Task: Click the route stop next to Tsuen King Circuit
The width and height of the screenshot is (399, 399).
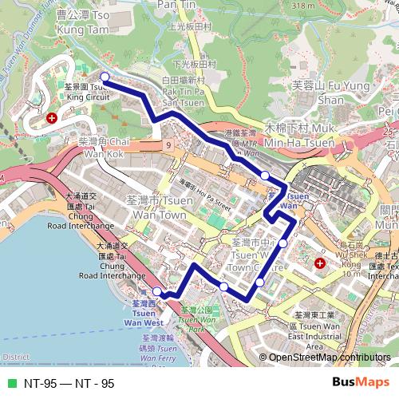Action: coord(105,78)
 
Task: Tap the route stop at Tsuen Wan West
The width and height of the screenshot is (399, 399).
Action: coord(157,293)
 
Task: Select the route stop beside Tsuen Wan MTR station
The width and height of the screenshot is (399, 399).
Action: coord(265,175)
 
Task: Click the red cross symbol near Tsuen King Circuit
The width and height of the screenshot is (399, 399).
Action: coord(52,117)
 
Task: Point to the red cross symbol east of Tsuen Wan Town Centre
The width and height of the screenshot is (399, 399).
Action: coord(320,263)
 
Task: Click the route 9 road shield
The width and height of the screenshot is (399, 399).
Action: coord(168,145)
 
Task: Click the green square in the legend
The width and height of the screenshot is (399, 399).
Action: coord(10,383)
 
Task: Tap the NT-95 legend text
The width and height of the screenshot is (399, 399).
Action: coord(69,383)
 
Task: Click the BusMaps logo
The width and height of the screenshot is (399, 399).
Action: coord(361,382)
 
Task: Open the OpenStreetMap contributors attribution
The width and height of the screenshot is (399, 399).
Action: coord(329,358)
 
